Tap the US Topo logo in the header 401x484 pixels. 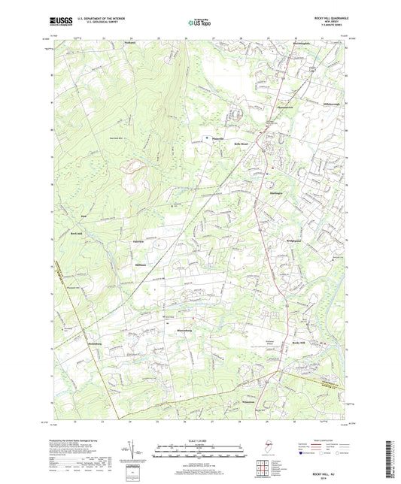click(199, 23)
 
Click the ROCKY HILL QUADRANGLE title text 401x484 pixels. click(326, 17)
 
